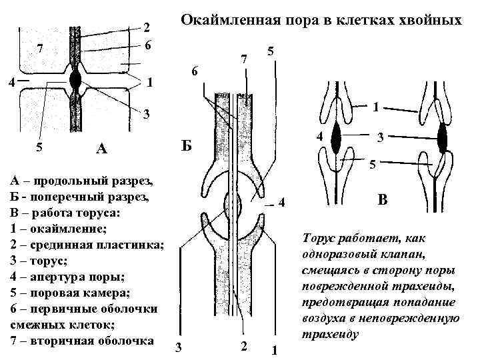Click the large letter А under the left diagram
[x=101, y=148]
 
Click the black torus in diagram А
[x=76, y=81]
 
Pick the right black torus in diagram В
[x=443, y=139]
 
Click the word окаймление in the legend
[x=60, y=229]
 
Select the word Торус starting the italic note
[x=321, y=238]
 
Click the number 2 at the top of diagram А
[x=147, y=28]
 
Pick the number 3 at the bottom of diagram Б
[x=177, y=347]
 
